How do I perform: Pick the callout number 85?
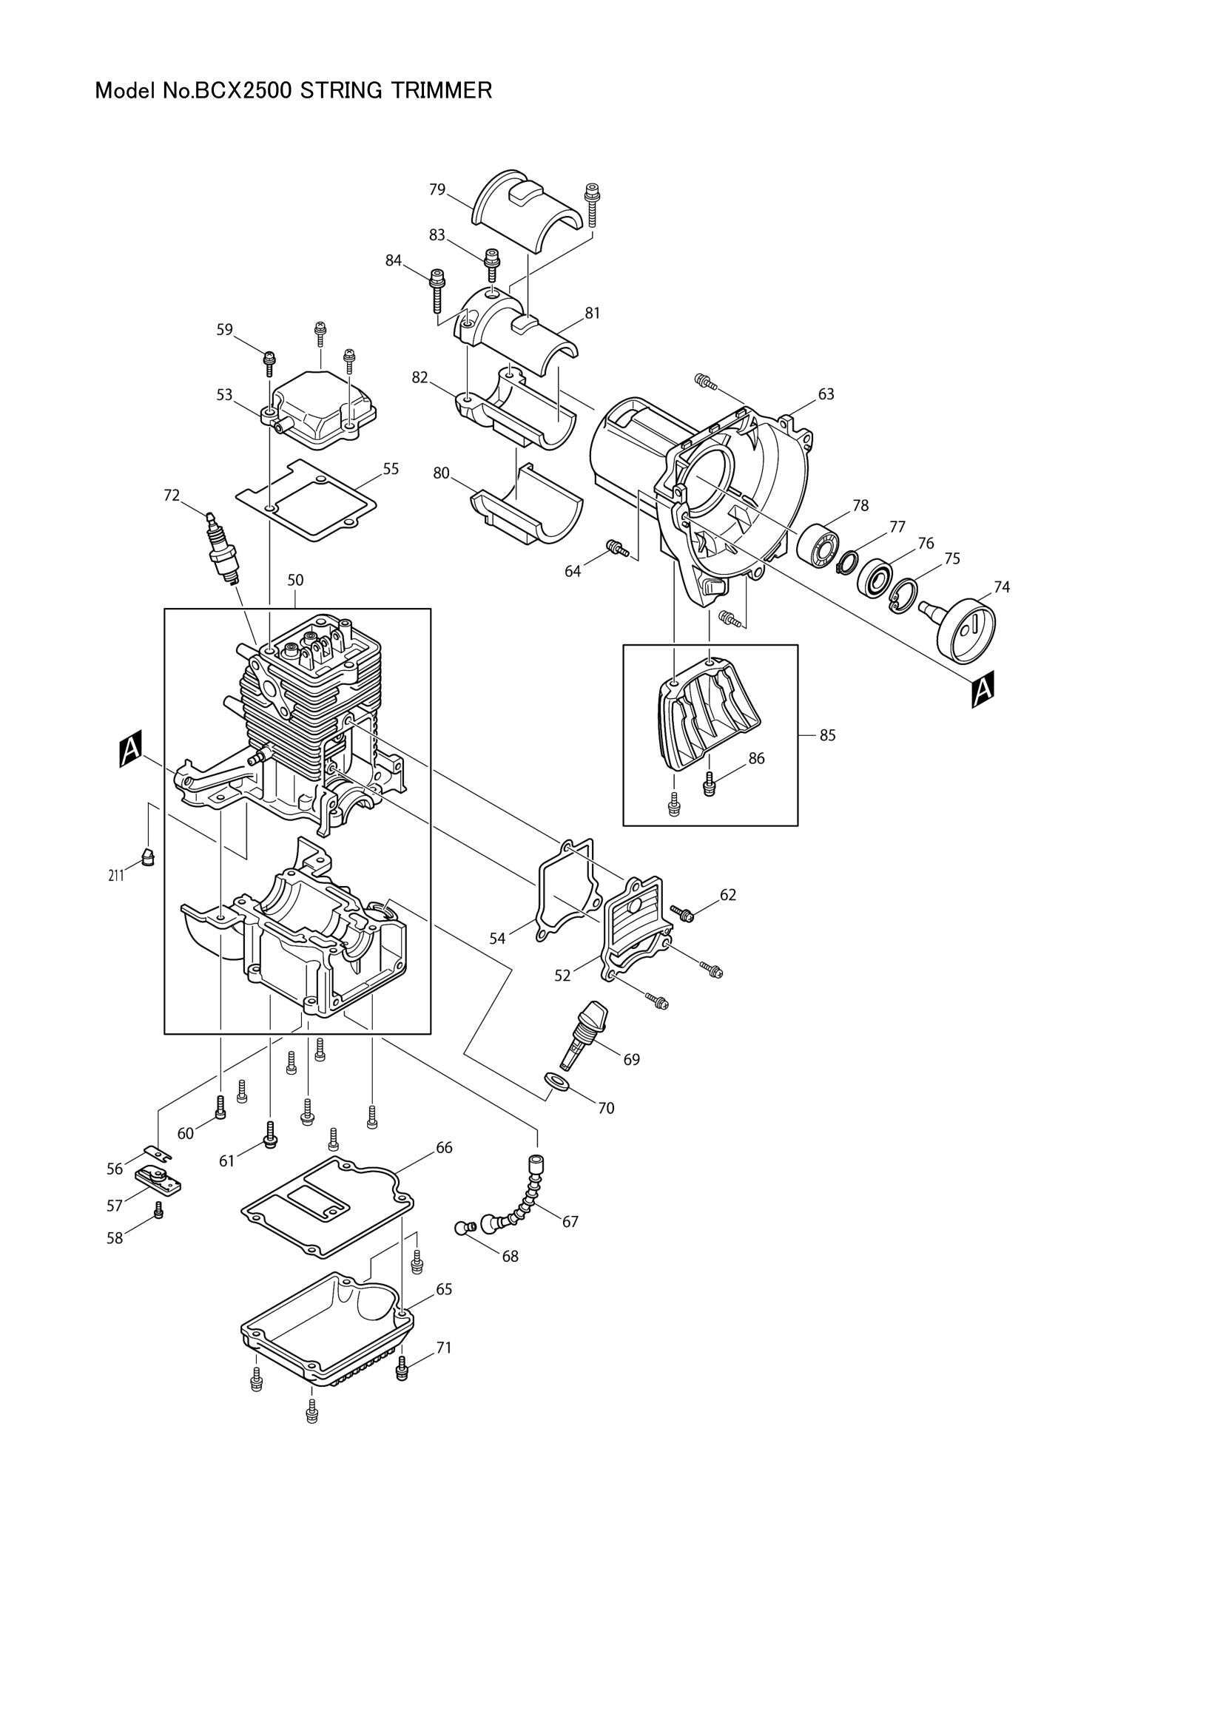tap(827, 735)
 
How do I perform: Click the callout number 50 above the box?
tap(294, 580)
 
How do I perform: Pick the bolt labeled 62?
tap(683, 914)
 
